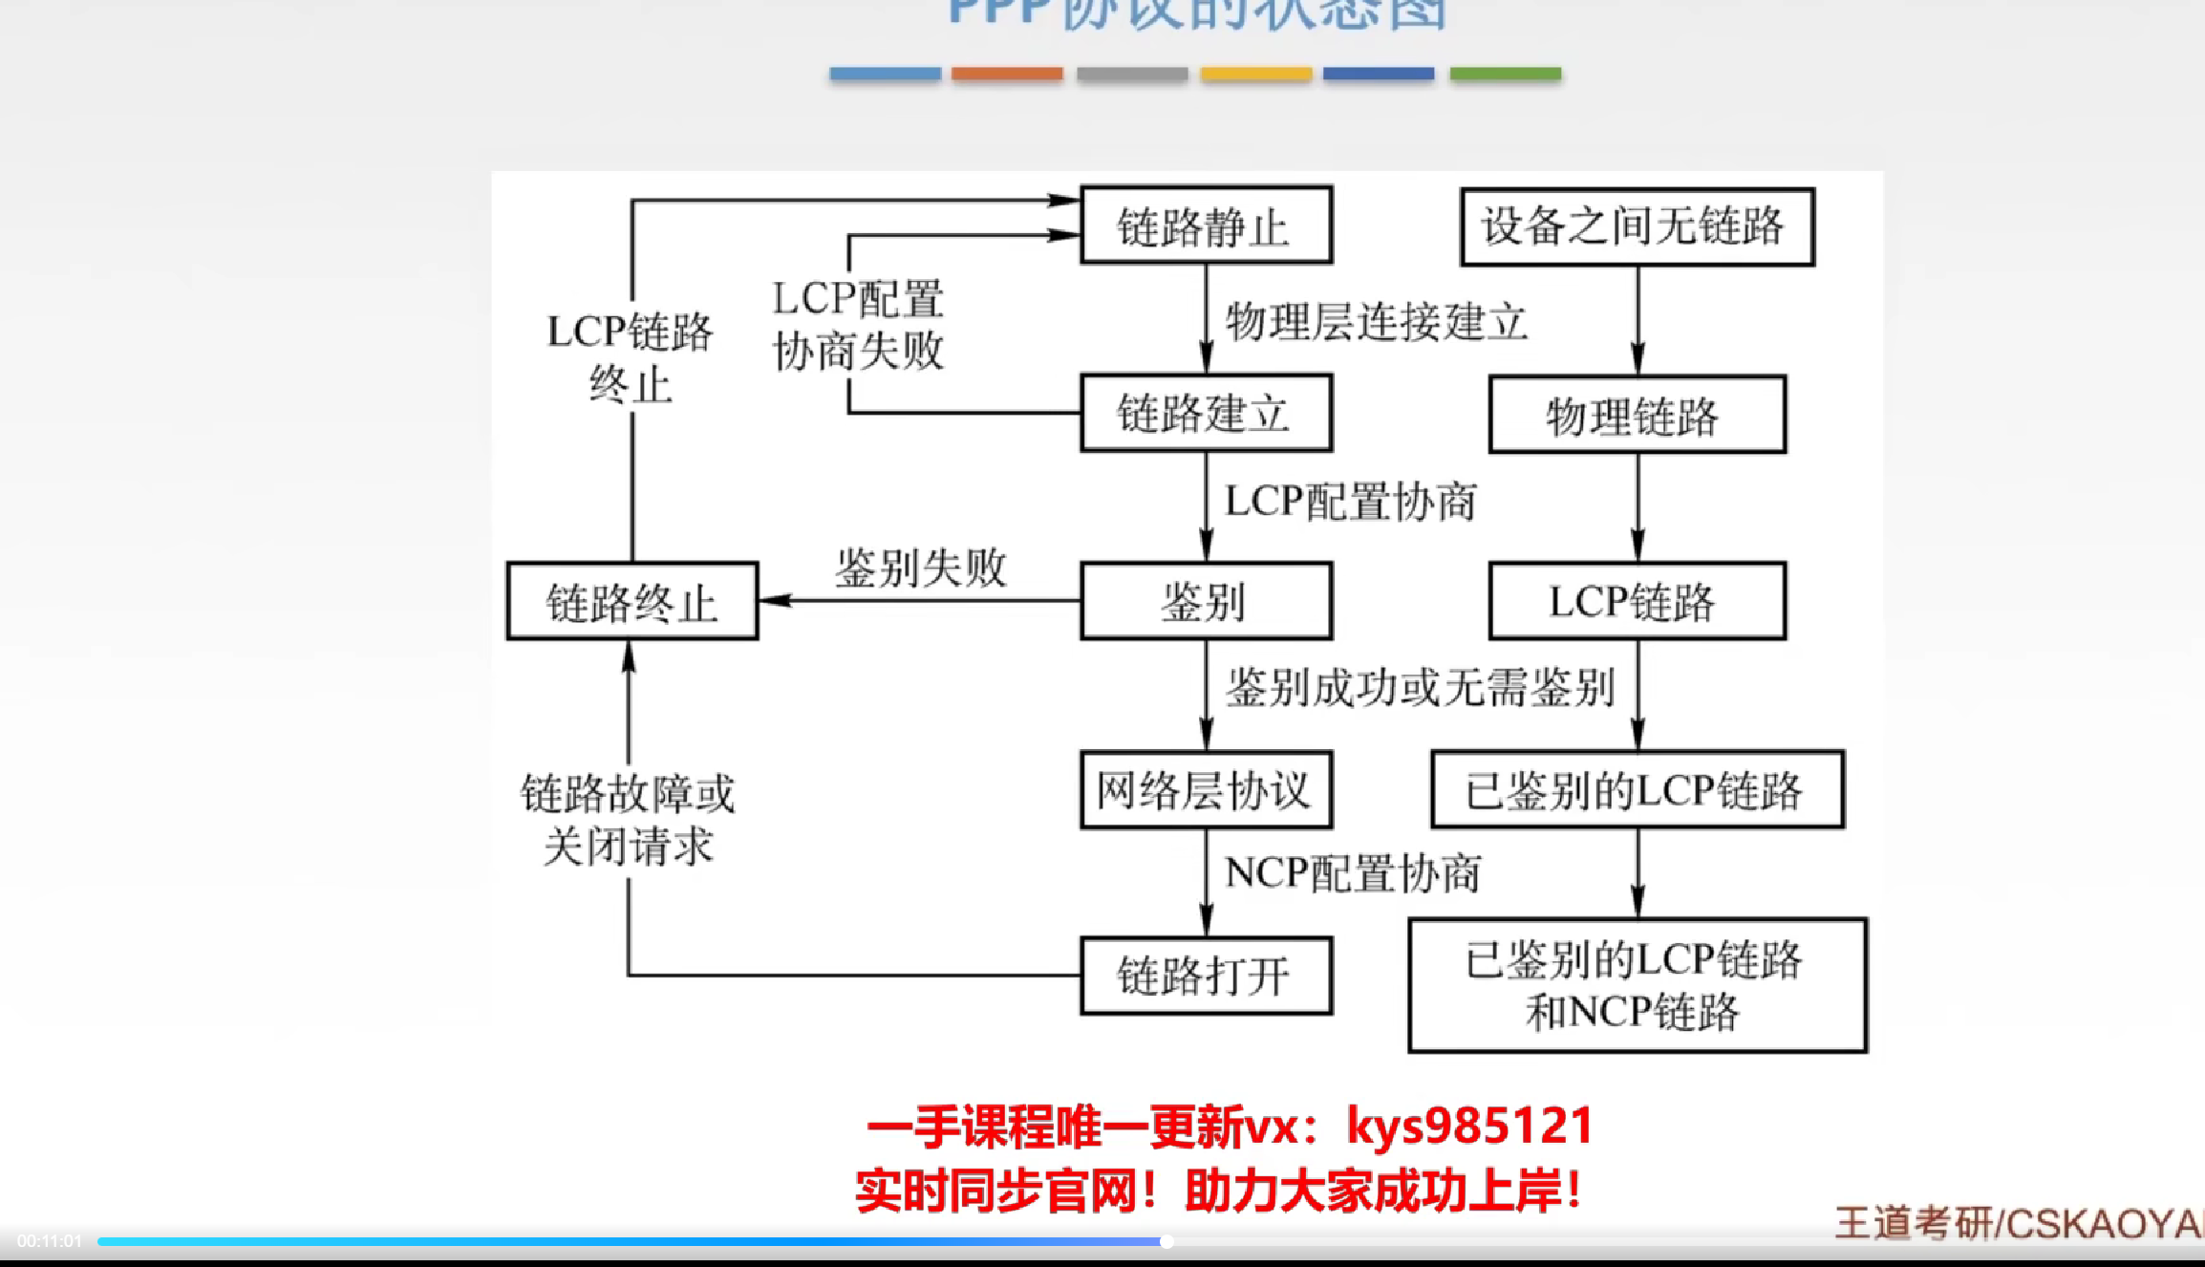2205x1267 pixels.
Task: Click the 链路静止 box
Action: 1206,225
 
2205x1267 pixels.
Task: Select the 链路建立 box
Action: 1206,413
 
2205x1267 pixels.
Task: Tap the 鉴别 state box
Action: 1206,601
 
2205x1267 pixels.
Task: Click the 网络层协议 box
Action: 1206,789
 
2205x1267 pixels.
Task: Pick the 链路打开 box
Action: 1206,976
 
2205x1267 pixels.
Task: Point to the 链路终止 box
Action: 632,601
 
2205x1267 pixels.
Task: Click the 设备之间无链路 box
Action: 1637,226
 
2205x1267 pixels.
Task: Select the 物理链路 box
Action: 1637,414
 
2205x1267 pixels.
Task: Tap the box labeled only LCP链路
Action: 1637,601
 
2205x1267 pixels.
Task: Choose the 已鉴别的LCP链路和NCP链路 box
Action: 1637,985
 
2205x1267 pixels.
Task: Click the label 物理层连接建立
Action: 1376,321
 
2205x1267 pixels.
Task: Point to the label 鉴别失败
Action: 920,568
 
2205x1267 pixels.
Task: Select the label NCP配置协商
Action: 1352,872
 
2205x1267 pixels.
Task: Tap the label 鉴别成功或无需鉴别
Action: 1420,687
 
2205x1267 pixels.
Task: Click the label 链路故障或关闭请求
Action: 628,820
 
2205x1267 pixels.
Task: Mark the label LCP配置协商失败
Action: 858,325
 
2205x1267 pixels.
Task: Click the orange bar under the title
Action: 1007,74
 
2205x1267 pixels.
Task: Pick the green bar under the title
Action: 1505,74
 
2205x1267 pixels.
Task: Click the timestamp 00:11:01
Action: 50,1241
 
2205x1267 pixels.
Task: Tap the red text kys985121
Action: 1470,1126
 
